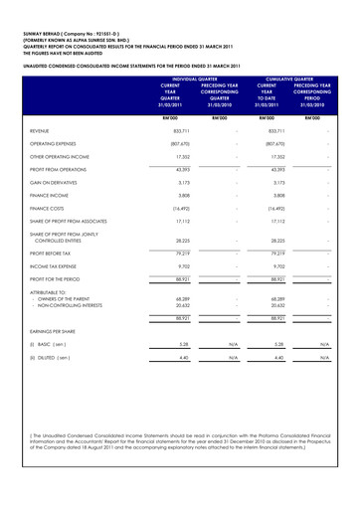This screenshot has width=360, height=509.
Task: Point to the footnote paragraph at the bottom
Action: click(x=179, y=471)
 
